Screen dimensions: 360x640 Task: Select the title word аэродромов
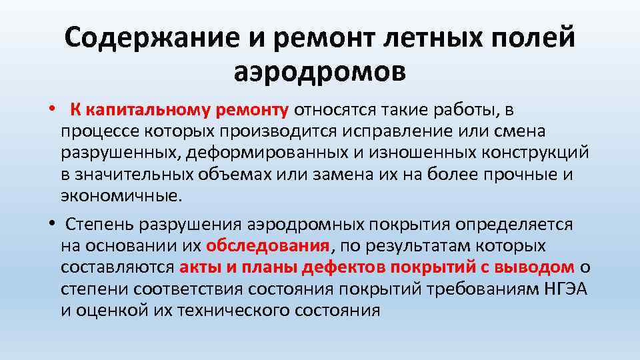[319, 69]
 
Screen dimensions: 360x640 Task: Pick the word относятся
[339, 109]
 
